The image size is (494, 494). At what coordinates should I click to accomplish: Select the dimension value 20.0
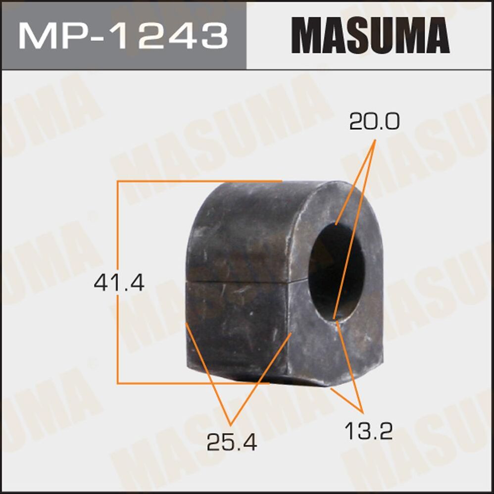tap(374, 122)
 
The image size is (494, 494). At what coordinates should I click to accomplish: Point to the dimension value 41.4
tap(119, 284)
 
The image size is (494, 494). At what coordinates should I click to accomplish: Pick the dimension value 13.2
tap(368, 431)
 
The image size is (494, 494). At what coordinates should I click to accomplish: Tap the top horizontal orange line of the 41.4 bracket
tap(198, 182)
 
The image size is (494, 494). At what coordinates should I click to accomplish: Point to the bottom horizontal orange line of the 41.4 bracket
tap(193, 383)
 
